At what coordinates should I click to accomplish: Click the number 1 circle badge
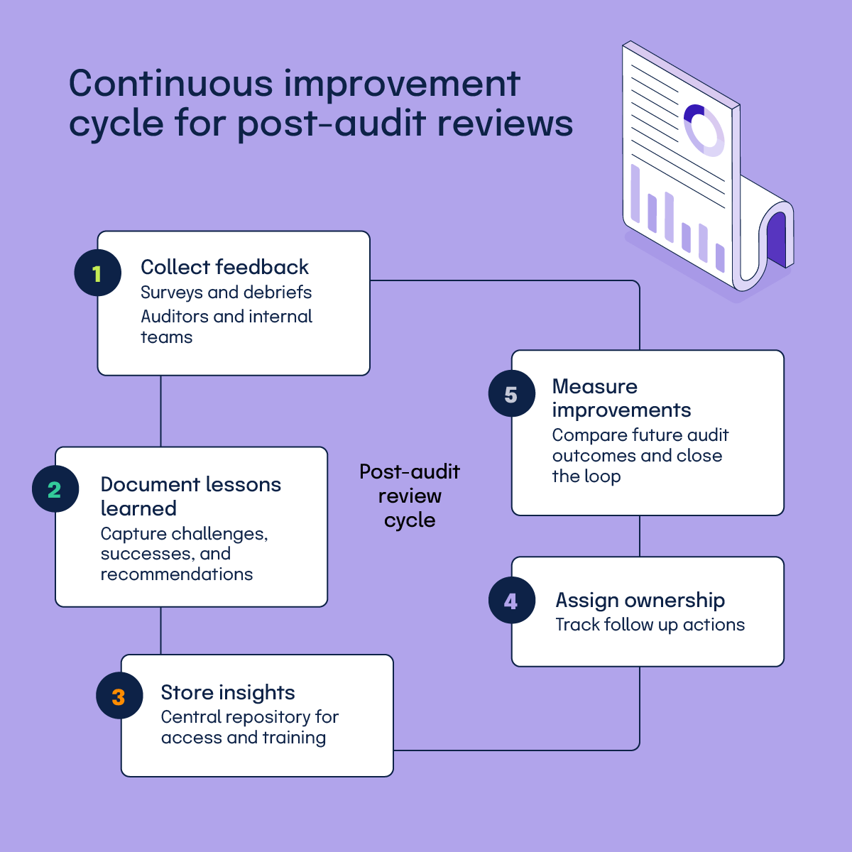coord(97,273)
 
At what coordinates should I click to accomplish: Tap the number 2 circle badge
coord(55,489)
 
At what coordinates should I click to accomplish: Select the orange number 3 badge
coord(119,697)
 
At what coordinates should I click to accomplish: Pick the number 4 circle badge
coord(511,601)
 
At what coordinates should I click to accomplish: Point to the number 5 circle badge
coord(511,394)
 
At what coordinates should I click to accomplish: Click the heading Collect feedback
coord(224,267)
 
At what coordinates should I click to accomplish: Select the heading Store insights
coord(227,692)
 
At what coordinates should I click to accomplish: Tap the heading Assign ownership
coord(640,600)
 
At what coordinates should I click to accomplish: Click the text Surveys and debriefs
coord(226,293)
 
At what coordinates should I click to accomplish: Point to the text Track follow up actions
coord(650,625)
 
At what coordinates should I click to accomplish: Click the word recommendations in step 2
coord(177,574)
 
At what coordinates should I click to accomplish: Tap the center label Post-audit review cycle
coord(410,496)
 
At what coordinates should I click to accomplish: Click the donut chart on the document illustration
coord(703,129)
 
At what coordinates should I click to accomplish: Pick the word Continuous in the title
coord(170,84)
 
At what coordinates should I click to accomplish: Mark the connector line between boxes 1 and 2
coord(161,410)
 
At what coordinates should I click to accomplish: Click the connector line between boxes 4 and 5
coord(640,535)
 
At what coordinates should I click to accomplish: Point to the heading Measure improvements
coord(621,398)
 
